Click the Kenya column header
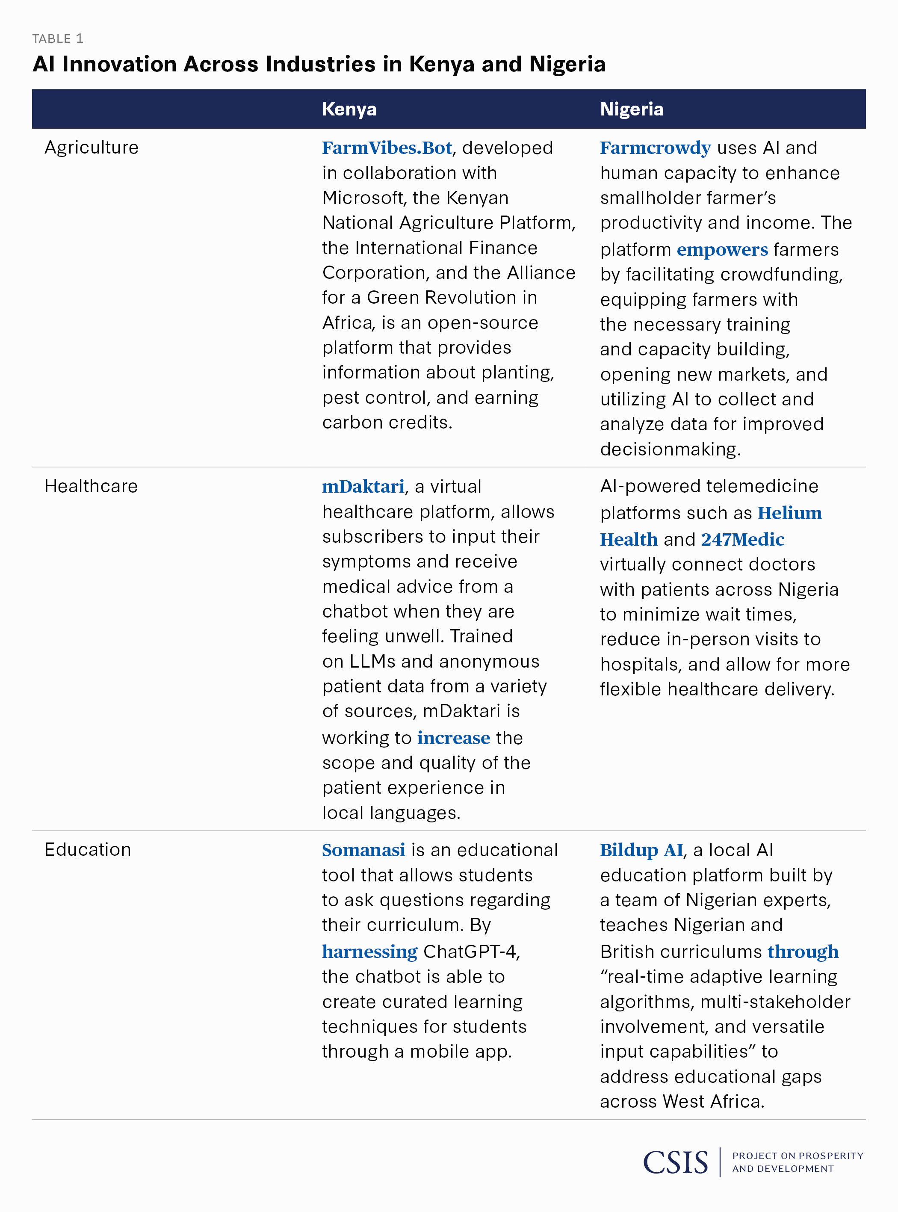click(x=349, y=109)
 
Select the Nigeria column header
click(x=632, y=109)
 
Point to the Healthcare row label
click(x=91, y=486)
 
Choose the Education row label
click(x=88, y=849)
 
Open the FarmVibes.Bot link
click(x=387, y=148)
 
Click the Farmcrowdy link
click(x=655, y=148)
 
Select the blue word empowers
click(x=722, y=249)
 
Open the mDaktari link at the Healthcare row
click(x=363, y=486)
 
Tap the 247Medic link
click(x=742, y=539)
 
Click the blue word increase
click(x=453, y=738)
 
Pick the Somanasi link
click(x=363, y=850)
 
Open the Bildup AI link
click(x=641, y=850)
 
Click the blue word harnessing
click(x=369, y=952)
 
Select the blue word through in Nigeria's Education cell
click(x=803, y=952)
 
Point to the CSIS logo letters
click(x=675, y=1162)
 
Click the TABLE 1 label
click(x=58, y=38)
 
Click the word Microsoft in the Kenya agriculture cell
click(x=363, y=198)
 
